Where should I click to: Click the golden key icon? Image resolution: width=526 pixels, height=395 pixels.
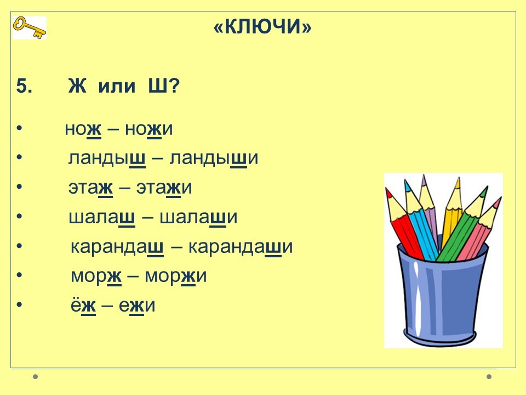coord(30,28)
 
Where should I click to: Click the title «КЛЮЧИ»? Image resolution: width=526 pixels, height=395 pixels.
coord(262,26)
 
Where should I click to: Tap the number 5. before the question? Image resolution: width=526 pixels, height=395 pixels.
coord(24,86)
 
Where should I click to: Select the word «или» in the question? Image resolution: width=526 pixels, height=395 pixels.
coord(117,87)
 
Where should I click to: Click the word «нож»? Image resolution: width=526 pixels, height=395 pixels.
coord(83,129)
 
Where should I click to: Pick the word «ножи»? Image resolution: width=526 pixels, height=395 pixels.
coord(148,129)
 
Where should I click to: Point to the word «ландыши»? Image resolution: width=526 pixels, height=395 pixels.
coord(214,158)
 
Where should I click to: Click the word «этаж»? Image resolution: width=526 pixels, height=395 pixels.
coord(90,188)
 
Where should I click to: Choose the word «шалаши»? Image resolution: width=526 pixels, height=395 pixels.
coord(198,217)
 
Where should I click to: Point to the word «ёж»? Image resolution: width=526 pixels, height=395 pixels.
coord(83,305)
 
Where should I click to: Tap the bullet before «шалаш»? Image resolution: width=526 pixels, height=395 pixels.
coord(19,217)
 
